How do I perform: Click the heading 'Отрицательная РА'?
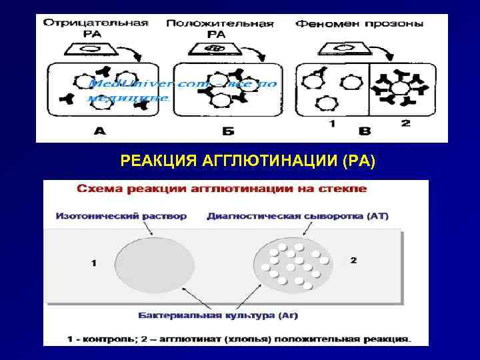[x=95, y=27]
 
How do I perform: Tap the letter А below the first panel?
[x=99, y=131]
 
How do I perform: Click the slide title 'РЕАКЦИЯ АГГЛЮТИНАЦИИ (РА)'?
[x=248, y=161]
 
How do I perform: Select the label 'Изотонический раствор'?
[x=121, y=216]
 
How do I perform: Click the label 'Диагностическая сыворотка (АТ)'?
[x=298, y=216]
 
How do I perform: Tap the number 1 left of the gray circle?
[x=93, y=263]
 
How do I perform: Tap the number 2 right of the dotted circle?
[x=353, y=260]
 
